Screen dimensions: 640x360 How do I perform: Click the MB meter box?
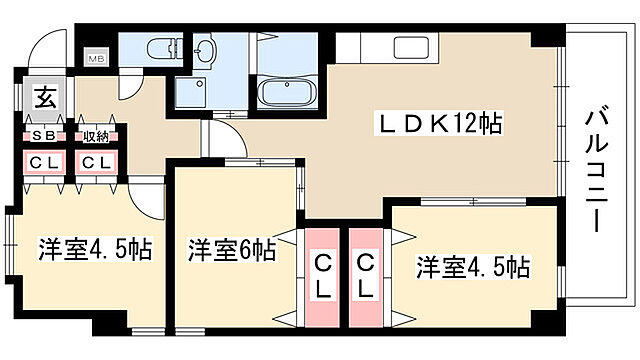pos(98,58)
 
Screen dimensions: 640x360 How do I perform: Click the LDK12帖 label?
pos(437,124)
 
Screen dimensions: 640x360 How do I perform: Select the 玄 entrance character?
pos(46,98)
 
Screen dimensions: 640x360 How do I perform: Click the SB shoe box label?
pos(45,136)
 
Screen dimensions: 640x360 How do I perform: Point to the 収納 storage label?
pos(96,136)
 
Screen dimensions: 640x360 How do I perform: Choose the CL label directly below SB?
pos(44,163)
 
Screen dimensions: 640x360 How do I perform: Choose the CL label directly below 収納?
pos(96,163)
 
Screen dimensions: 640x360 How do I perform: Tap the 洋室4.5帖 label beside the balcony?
pos(472,267)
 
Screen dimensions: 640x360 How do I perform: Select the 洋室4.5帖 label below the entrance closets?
pos(96,250)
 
